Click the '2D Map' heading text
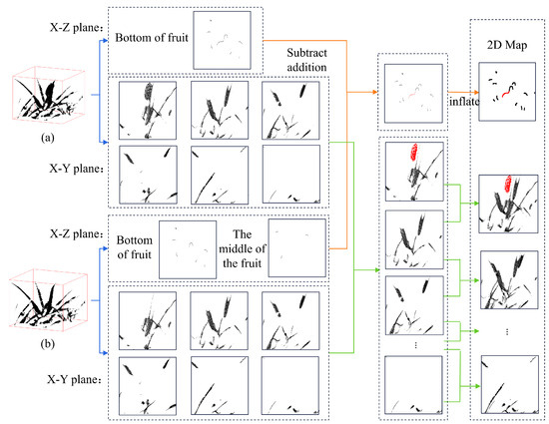point(507,45)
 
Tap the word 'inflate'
point(464,102)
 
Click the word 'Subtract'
point(307,53)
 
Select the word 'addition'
point(307,67)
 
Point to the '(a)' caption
point(48,138)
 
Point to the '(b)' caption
point(48,344)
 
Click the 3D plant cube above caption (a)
point(48,95)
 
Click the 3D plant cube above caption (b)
point(48,299)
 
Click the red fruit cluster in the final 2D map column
point(507,184)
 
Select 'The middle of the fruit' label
point(242,248)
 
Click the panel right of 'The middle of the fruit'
point(296,248)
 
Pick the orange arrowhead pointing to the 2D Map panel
point(476,92)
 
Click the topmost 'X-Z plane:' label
point(77,27)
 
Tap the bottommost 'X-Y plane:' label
point(74,379)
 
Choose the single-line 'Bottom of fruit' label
point(152,38)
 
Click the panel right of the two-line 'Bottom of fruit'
point(188,249)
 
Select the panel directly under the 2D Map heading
point(507,92)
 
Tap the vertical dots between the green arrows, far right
point(507,331)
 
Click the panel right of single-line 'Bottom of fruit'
point(222,40)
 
